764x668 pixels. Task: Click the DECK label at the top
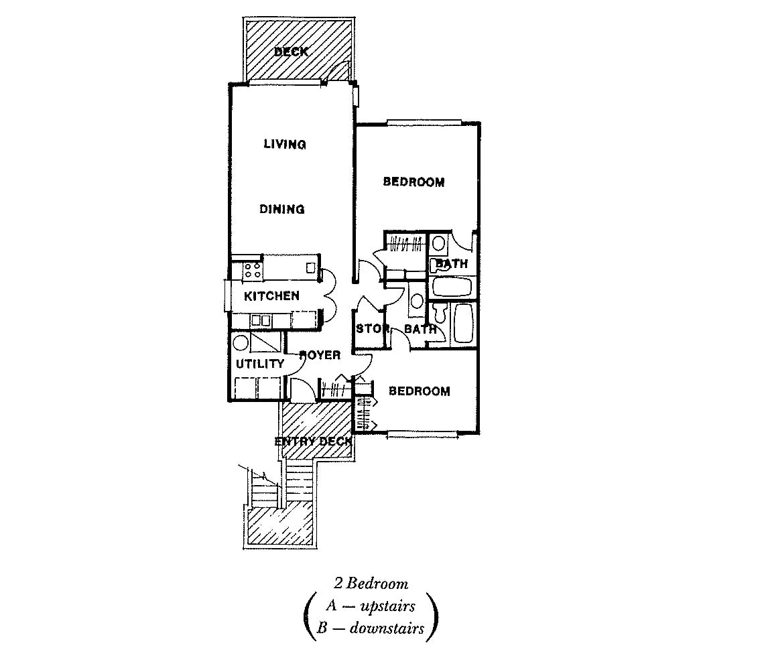click(291, 52)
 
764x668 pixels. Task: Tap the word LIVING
click(285, 144)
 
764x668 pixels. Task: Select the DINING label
click(281, 209)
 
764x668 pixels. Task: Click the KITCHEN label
click(271, 295)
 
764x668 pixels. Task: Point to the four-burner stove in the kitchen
click(253, 271)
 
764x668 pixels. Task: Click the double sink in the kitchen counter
click(261, 321)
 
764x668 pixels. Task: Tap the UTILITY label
click(260, 363)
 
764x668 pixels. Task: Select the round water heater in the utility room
click(240, 342)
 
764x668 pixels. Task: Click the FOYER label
click(320, 355)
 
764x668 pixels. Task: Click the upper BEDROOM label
click(413, 182)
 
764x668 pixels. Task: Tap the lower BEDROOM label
click(419, 391)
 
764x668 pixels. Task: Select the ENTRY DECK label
click(313, 442)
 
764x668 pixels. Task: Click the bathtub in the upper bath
click(452, 287)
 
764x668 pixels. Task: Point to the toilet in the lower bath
click(440, 314)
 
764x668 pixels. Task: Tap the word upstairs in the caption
click(388, 606)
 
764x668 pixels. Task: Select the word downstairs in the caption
click(387, 628)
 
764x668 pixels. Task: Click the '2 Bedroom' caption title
click(371, 583)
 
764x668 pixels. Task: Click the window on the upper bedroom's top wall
click(424, 123)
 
